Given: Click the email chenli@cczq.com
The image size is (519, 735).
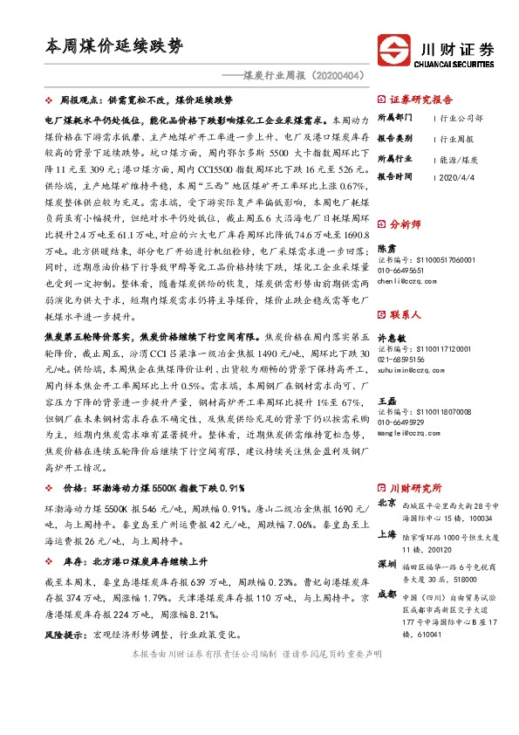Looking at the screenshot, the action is click(x=406, y=281).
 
